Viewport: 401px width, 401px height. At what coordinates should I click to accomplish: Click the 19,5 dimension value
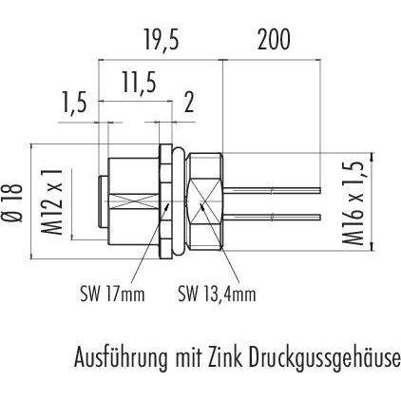coord(162,40)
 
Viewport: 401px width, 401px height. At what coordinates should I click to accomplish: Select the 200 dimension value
coord(274,40)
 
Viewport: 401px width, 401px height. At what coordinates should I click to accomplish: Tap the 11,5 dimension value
coord(140,84)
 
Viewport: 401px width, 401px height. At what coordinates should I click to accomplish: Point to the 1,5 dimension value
coord(75,103)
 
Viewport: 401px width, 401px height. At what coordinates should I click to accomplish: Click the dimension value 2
coord(189,103)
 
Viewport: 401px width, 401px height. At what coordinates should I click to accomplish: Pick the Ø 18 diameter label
coord(15,201)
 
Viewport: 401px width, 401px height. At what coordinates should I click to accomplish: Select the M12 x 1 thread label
coord(51,201)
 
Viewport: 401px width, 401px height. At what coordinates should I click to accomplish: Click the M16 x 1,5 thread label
coord(353,202)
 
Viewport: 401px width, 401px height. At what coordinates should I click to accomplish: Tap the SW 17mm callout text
coord(112,295)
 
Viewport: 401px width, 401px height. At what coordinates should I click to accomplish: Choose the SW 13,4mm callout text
coord(217,295)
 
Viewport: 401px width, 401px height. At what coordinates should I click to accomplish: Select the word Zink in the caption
coord(225,357)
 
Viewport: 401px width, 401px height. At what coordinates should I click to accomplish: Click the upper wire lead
coord(273,190)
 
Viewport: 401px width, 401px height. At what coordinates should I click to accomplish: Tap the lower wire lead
coord(273,217)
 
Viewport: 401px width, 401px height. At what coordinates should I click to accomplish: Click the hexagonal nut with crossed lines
coord(204,201)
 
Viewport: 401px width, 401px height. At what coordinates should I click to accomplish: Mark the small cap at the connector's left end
coord(104,201)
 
